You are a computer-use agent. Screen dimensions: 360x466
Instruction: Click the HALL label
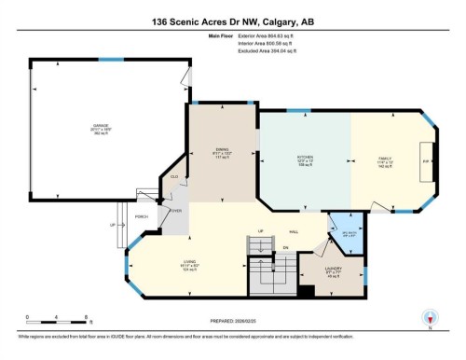pos(294,230)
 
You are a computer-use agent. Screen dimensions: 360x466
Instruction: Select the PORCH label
pos(142,217)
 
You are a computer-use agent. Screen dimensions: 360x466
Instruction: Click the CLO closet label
pos(173,176)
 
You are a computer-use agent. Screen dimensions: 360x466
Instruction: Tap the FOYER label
pos(173,211)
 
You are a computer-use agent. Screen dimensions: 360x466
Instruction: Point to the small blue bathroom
pos(347,232)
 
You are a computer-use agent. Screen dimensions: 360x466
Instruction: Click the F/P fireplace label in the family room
pos(426,160)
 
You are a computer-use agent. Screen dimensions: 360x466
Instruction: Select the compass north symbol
pos(430,317)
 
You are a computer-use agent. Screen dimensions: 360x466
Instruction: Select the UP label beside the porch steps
pos(113,225)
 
